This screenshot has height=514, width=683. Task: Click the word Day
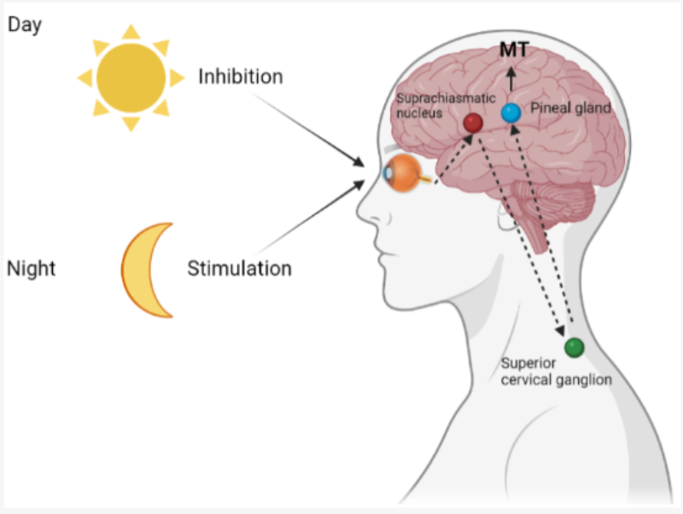tap(25, 26)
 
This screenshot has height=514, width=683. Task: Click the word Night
tap(32, 269)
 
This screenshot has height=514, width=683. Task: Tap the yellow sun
tap(131, 78)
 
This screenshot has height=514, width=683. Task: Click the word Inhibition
tap(241, 77)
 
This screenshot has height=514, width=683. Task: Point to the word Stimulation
tap(239, 268)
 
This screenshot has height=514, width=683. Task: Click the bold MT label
tap(514, 50)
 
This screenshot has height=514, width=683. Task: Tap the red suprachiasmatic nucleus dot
tap(473, 123)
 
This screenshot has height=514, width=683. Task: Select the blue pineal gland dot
tap(511, 113)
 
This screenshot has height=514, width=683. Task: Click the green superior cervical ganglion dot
tap(574, 348)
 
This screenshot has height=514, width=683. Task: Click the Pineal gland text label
tap(570, 108)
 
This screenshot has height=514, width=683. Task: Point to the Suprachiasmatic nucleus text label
tap(446, 105)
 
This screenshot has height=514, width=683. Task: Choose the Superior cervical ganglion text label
tap(557, 371)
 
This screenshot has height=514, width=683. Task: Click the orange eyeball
tap(403, 173)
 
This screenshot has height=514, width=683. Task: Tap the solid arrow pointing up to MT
tap(511, 79)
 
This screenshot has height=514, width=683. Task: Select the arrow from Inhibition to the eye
tap(308, 130)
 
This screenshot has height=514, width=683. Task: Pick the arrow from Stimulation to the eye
tap(309, 218)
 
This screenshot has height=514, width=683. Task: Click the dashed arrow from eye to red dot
tap(454, 159)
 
